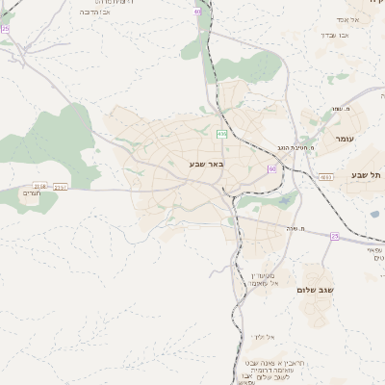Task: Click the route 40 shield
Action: click(197, 11)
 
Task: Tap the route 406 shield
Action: click(222, 134)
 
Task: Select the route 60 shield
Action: click(272, 169)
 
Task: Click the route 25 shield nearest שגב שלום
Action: click(334, 235)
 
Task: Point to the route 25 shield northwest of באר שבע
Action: click(5, 29)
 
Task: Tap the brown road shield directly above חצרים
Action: click(39, 185)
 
